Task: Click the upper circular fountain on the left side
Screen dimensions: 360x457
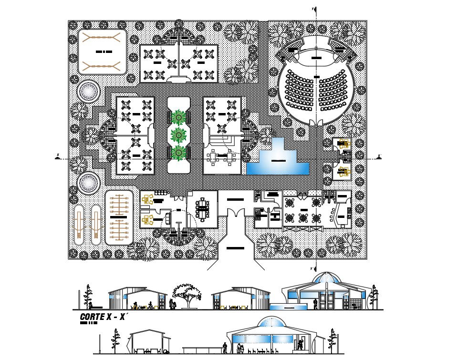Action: (89, 92)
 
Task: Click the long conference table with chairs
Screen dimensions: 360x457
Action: (204, 209)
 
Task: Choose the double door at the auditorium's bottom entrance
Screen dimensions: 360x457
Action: (315, 123)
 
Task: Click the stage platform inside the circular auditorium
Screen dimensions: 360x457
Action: (315, 58)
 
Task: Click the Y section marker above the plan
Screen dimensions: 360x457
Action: (313, 9)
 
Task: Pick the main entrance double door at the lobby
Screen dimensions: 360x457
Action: (234, 216)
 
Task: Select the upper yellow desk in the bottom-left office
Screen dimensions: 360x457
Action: (147, 201)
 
